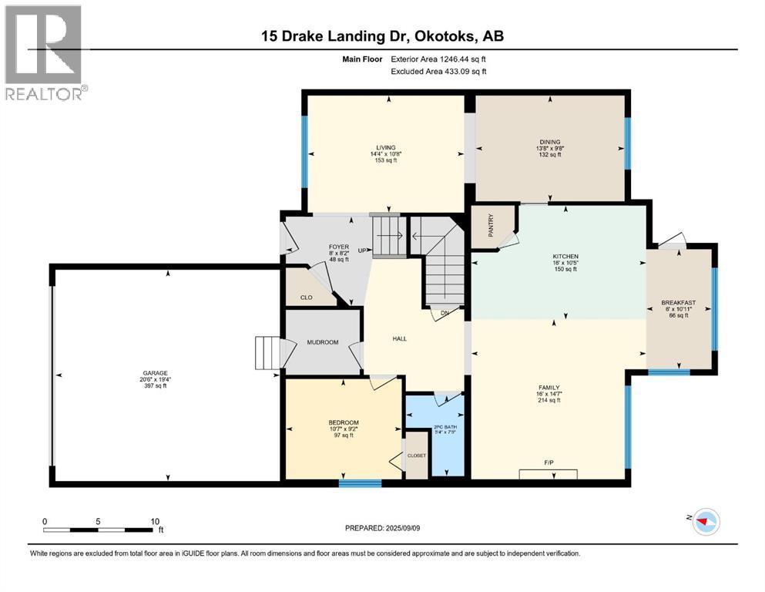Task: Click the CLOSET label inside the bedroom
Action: pyautogui.click(x=417, y=456)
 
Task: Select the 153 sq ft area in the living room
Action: pyautogui.click(x=385, y=160)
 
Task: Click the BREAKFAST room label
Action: pyautogui.click(x=678, y=303)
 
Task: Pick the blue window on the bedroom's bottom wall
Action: pyautogui.click(x=360, y=483)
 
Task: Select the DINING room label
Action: pyautogui.click(x=549, y=142)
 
